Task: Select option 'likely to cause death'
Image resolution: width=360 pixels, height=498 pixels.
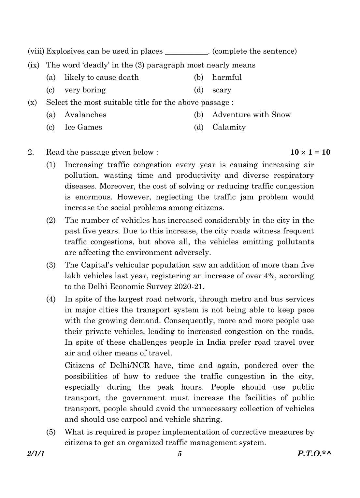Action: coord(101,77)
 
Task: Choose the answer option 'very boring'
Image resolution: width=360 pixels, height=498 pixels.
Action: coord(85,90)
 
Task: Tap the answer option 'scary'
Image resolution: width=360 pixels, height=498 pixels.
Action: coord(222,90)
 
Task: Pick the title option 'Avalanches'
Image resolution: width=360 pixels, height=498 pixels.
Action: coord(85,115)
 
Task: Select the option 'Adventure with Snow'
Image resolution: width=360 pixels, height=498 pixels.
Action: coord(251,115)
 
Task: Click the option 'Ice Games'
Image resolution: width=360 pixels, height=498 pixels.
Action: coord(83,127)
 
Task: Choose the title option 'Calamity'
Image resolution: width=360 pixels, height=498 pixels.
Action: coord(229,127)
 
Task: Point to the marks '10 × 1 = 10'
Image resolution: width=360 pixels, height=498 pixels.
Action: coord(310,152)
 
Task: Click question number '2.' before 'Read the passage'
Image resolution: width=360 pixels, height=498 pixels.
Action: coord(31,152)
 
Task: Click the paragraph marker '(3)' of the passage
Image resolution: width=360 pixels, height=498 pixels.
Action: coord(51,265)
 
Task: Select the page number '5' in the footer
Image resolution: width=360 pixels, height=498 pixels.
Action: coord(180,454)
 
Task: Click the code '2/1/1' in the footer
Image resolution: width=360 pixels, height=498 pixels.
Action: coord(36,454)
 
